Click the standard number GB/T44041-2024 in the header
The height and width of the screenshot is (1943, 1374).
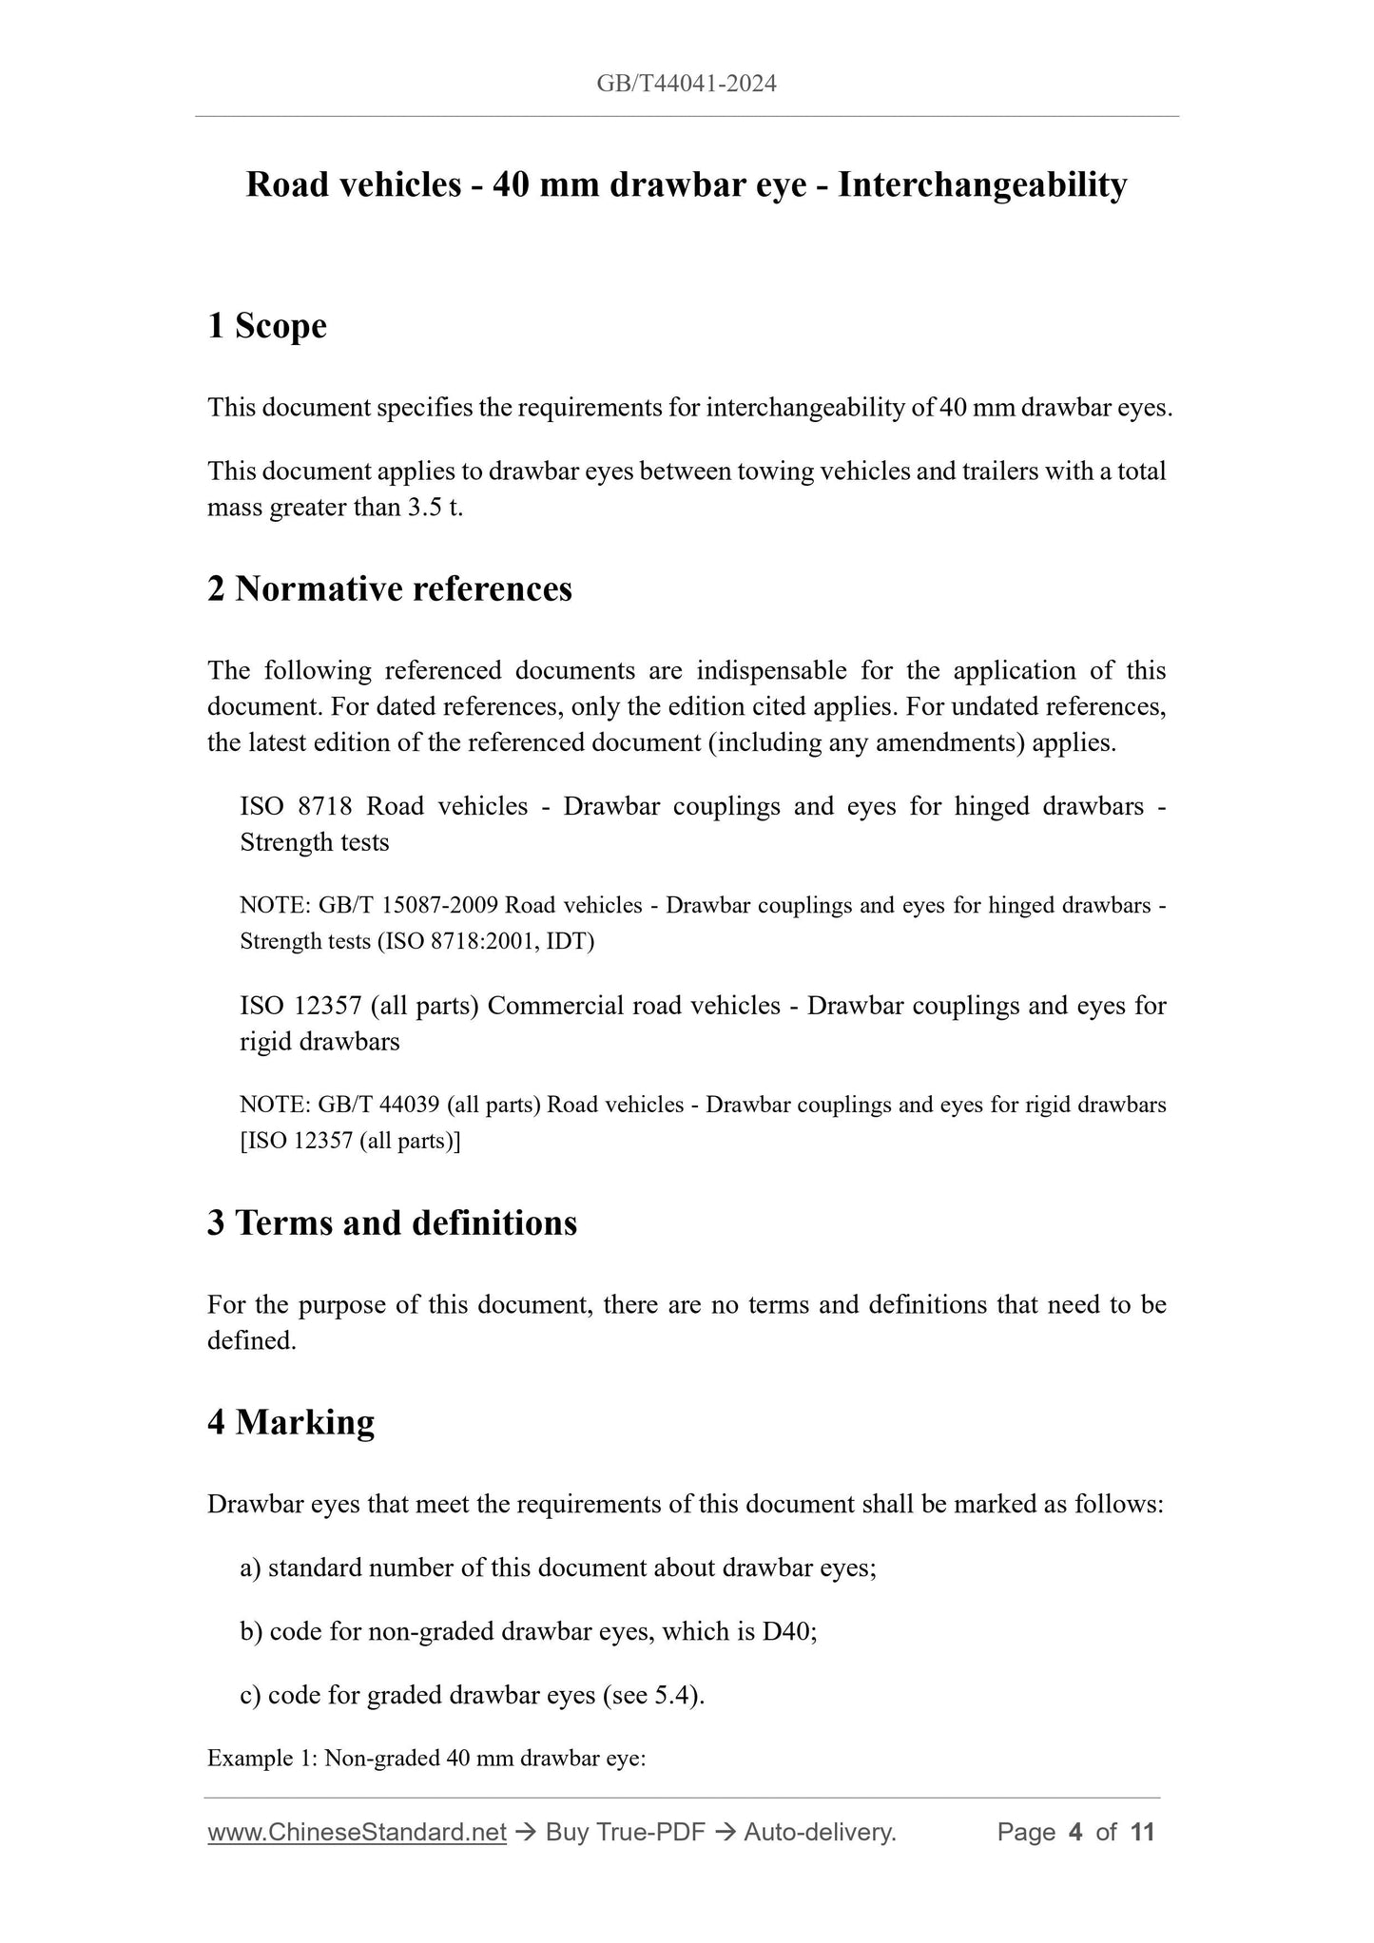pos(687,84)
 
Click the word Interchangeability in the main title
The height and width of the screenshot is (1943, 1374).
pos(982,184)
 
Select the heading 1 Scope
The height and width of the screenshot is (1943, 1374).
pos(267,326)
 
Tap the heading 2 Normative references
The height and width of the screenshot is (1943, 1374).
pos(390,589)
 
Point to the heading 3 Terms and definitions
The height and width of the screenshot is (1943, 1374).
pos(392,1222)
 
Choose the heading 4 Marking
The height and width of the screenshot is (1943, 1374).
pos(291,1422)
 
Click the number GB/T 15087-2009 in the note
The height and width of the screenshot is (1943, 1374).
pos(409,905)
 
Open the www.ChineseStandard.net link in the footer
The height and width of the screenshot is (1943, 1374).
pos(357,1832)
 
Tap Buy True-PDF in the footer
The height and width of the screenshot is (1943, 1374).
pos(625,1832)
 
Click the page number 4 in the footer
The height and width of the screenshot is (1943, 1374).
pos(1075,1832)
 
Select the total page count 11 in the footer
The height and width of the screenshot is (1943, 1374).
pos(1143,1832)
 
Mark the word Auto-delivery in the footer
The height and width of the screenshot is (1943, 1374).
pos(820,1832)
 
